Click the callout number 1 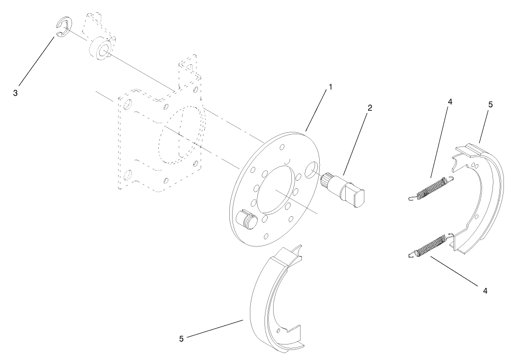pos(330,87)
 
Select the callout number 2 pos(370,108)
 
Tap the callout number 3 pos(16,93)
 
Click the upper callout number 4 pos(450,102)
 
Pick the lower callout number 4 pos(485,290)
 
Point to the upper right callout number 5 pos(490,104)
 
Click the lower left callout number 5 pos(181,339)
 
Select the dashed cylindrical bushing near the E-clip pos(100,48)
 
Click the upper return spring pos(431,188)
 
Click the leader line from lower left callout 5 pos(214,329)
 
